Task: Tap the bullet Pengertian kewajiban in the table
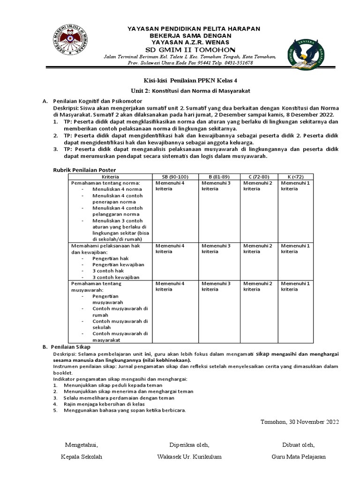pyautogui.click(x=118, y=264)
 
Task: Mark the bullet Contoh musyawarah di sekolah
pyautogui.click(x=120, y=324)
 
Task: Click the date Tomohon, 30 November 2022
pyautogui.click(x=299, y=422)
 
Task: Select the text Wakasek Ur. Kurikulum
pyautogui.click(x=190, y=457)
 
